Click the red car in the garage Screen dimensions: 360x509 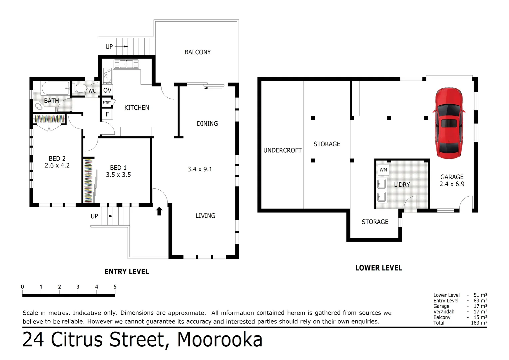[x=449, y=123]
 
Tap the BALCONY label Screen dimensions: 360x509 [x=198, y=52]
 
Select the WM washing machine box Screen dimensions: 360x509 [x=383, y=170]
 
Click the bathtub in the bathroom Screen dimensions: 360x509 [x=56, y=88]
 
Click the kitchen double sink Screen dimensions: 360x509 [x=126, y=64]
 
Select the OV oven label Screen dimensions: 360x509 [x=107, y=90]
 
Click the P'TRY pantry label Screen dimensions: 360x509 [x=107, y=103]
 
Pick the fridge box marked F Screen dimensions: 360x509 [x=107, y=114]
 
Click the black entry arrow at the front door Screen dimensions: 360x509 [x=159, y=211]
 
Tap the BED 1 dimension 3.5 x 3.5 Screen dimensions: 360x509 [x=118, y=175]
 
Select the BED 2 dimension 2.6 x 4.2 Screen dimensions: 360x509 [x=57, y=165]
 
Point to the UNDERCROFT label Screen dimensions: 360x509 [x=282, y=150]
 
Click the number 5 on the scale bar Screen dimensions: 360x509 [x=115, y=287]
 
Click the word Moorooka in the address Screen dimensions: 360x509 [x=220, y=340]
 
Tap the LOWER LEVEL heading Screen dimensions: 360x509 [x=378, y=268]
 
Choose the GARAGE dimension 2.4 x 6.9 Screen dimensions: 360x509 [x=452, y=184]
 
